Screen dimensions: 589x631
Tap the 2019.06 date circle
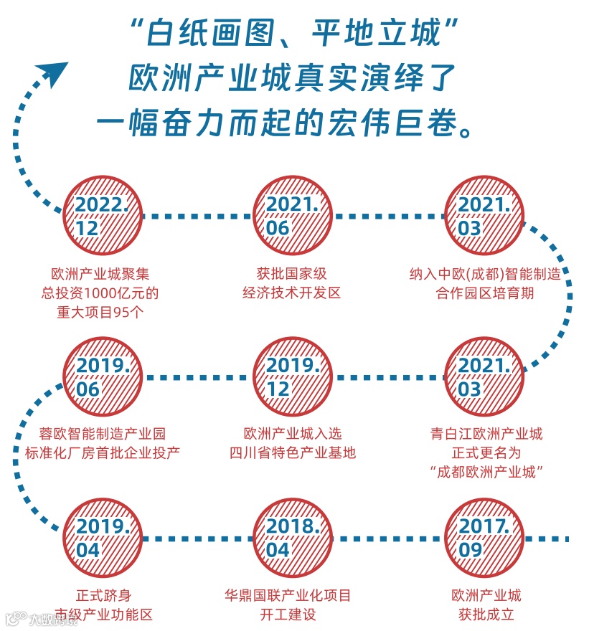(101, 377)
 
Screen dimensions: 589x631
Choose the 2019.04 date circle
(101, 538)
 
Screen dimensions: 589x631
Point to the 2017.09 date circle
(484, 538)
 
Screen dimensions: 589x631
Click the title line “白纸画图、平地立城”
(295, 33)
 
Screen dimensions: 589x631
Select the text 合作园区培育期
(485, 293)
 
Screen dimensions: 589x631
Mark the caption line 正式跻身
(101, 595)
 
